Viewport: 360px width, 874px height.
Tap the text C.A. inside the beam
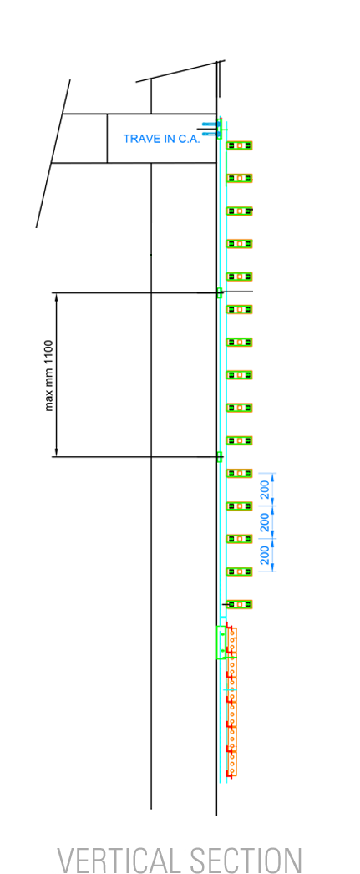point(181,139)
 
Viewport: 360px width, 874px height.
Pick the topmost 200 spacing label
point(266,489)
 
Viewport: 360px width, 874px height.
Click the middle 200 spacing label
point(266,521)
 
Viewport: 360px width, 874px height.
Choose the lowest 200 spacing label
point(266,555)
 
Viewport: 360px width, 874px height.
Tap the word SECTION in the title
point(246,859)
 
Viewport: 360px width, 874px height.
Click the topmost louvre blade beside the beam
point(240,145)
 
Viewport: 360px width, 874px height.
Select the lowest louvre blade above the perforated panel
point(240,604)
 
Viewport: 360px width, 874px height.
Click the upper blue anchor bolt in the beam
point(210,123)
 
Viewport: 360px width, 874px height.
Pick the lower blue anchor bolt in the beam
point(210,134)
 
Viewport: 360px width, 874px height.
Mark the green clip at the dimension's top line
point(220,292)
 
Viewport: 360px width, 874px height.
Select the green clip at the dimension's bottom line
point(220,457)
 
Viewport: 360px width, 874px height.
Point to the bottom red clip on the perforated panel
point(229,774)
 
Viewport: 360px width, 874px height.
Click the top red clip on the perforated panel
point(229,628)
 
